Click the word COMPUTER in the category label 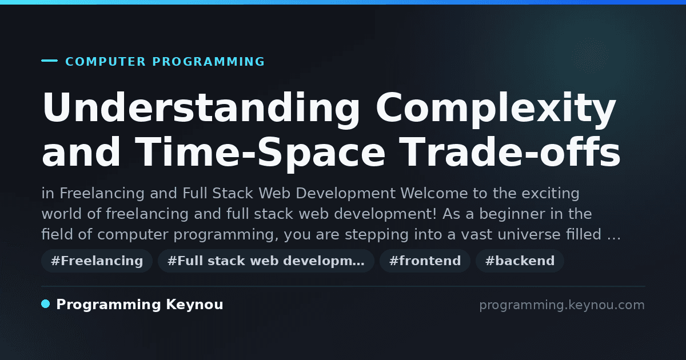[x=105, y=62]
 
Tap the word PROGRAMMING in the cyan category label [x=208, y=62]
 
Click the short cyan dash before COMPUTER [x=49, y=61]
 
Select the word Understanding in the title [x=201, y=109]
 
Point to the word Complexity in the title [x=496, y=109]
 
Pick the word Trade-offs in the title [x=509, y=152]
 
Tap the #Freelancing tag [x=97, y=261]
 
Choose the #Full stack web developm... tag [x=266, y=261]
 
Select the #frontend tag [x=425, y=261]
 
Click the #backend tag [x=520, y=261]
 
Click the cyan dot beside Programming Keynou [x=45, y=304]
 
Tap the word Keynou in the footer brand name [x=194, y=305]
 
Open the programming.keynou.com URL [x=562, y=305]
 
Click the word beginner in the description [x=512, y=214]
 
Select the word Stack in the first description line [x=233, y=194]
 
